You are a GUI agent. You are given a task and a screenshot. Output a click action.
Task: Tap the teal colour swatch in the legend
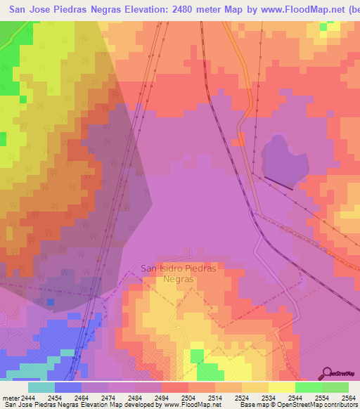pos(41,387)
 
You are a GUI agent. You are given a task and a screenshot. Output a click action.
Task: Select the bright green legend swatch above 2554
pos(309,387)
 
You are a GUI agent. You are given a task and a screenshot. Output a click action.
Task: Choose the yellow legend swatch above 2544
pos(282,387)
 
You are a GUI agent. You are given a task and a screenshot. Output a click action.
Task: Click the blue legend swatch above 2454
pos(68,387)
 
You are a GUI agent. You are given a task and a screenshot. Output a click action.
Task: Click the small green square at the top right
pos(324,27)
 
